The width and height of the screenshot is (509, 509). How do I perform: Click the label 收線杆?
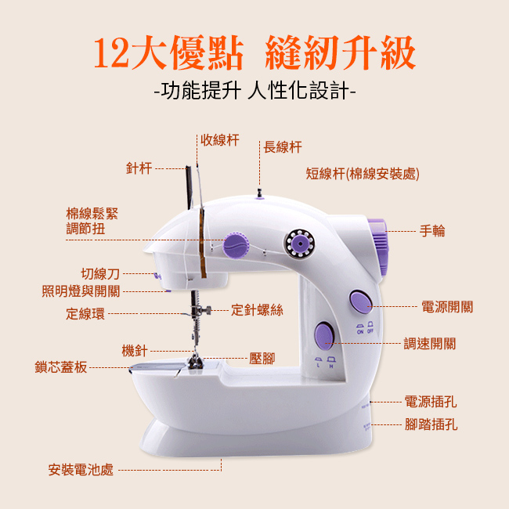220,140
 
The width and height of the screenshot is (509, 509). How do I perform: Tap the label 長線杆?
283,147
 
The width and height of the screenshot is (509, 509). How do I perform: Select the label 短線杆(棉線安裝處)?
363,174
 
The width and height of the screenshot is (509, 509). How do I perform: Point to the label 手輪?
432,231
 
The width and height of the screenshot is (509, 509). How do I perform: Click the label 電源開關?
447,306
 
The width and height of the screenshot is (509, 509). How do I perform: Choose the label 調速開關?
430,344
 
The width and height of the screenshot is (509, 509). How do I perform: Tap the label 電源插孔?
431,402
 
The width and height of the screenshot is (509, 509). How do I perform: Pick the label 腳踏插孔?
431,424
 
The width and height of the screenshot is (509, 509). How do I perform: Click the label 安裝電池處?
81,470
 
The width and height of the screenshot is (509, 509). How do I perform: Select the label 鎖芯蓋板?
61,367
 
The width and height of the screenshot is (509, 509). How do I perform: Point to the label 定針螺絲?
257,310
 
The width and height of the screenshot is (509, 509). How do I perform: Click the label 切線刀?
100,274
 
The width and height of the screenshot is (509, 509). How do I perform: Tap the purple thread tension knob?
236,245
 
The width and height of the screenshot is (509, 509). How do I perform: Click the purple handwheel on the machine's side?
378,247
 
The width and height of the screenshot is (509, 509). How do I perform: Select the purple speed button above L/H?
324,336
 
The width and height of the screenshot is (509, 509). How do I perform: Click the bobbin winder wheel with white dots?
300,244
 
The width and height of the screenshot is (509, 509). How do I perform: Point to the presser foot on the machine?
195,363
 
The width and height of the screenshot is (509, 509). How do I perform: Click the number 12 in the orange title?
112,53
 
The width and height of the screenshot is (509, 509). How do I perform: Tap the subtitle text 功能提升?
201,90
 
